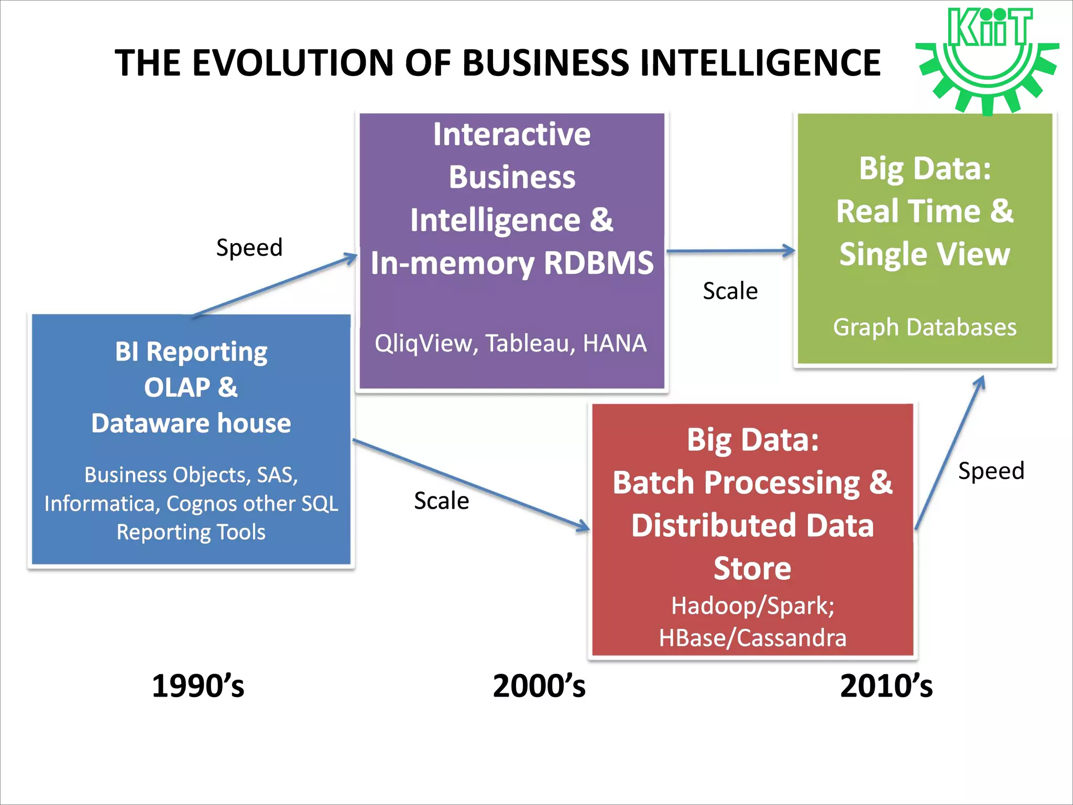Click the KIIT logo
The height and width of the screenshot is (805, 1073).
click(988, 60)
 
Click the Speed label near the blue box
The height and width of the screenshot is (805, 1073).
click(249, 247)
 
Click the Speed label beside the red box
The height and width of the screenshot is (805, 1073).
click(991, 471)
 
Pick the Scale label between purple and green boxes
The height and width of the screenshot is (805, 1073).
click(730, 291)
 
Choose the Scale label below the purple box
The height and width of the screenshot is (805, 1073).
click(441, 501)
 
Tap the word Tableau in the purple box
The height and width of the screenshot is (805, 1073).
click(529, 343)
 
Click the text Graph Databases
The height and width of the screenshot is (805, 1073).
click(925, 327)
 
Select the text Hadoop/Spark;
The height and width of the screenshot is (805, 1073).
click(753, 606)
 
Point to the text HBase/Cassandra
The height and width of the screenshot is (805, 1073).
click(753, 638)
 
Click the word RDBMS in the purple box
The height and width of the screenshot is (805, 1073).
click(598, 263)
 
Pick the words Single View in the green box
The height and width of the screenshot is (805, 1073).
click(925, 254)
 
